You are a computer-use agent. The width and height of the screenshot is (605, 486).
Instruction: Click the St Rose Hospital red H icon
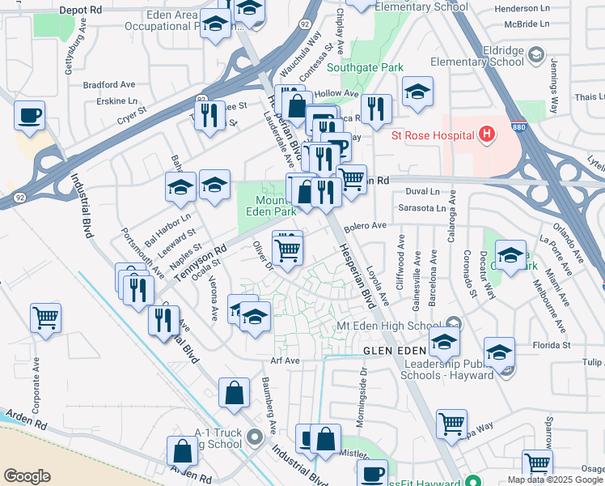pyautogui.click(x=486, y=134)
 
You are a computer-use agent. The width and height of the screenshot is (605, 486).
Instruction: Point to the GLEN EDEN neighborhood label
pyautogui.click(x=392, y=350)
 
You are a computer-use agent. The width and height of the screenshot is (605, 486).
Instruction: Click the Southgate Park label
pyautogui.click(x=371, y=69)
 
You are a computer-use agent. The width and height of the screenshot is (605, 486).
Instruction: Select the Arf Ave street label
pyautogui.click(x=286, y=360)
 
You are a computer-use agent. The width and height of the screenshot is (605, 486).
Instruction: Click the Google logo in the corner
pyautogui.click(x=27, y=476)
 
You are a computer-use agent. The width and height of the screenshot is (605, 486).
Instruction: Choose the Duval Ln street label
pyautogui.click(x=421, y=192)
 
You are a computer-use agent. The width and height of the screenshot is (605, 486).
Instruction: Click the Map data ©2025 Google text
pyautogui.click(x=554, y=480)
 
